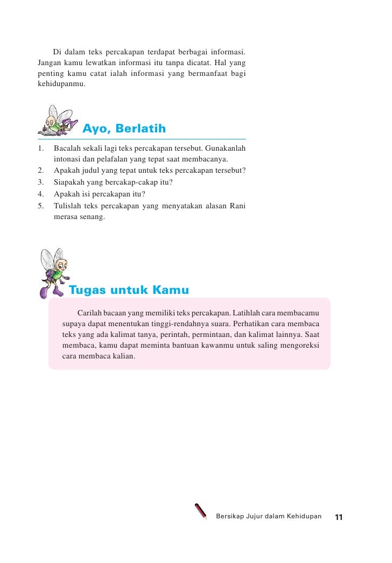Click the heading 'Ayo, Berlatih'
tap(124, 129)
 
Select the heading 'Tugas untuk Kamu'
tap(129, 291)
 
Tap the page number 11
tap(339, 517)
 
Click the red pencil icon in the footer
tap(201, 511)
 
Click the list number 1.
tap(40, 148)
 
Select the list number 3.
tap(40, 182)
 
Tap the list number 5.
tap(40, 205)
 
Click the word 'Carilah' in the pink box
tap(89, 313)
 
